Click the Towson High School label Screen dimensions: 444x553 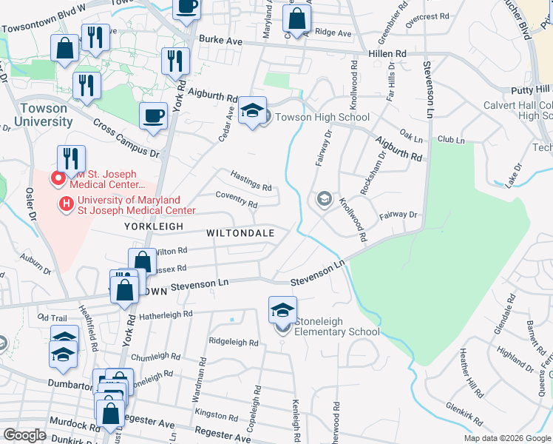pyautogui.click(x=322, y=117)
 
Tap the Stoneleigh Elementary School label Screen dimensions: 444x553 pyautogui.click(x=337, y=326)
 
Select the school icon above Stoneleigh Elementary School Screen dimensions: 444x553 pyautogui.click(x=282, y=310)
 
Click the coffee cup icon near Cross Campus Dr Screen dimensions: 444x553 pyautogui.click(x=153, y=116)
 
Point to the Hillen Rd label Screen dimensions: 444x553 pyautogui.click(x=387, y=54)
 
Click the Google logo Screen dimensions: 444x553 pyautogui.click(x=24, y=435)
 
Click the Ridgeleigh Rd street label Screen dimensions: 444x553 pyautogui.click(x=233, y=343)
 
